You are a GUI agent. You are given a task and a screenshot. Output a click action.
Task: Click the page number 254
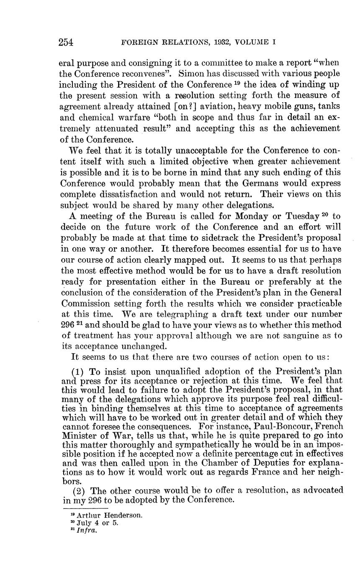[x=66, y=42]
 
